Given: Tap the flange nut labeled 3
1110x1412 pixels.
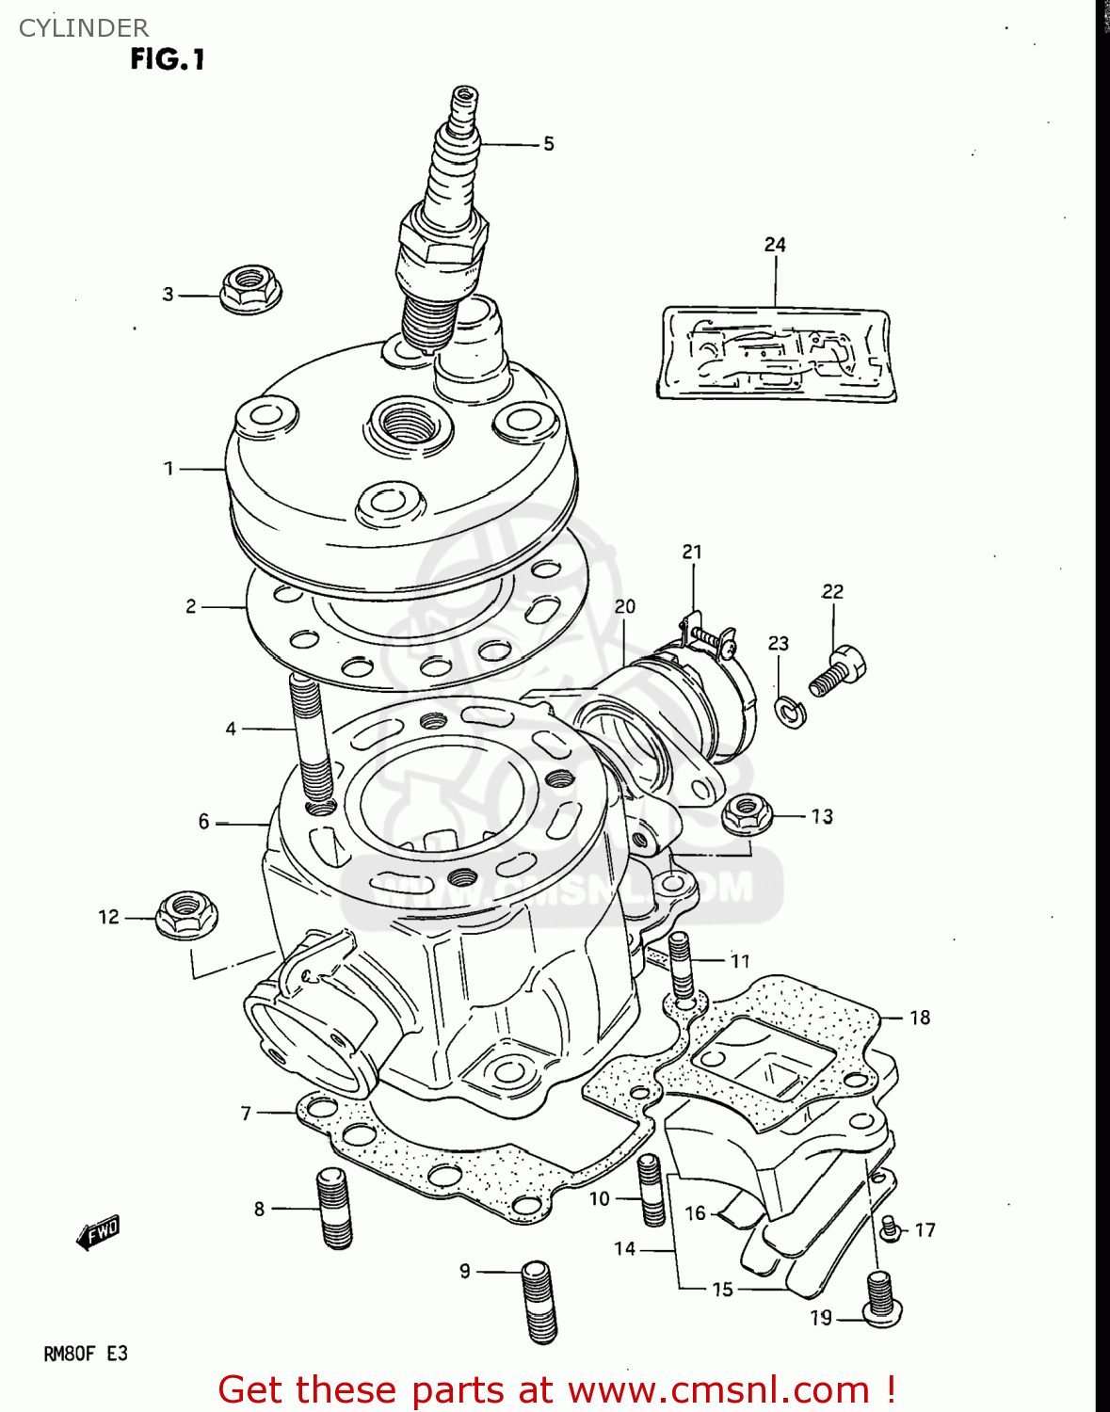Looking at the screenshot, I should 250,288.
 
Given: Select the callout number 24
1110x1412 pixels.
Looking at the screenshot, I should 775,245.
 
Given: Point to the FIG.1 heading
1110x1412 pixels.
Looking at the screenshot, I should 167,59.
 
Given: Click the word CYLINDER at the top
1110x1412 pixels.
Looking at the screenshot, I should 84,28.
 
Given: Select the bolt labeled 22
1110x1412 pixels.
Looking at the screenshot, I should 837,670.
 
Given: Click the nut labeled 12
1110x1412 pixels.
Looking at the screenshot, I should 185,915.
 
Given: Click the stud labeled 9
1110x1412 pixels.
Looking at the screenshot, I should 539,1301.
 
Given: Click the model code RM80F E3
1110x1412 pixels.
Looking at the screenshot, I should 85,1354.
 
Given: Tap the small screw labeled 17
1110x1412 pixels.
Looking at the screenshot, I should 888,1227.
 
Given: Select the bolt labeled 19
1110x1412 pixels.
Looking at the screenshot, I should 880,1298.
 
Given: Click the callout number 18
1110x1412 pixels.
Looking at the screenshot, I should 919,1018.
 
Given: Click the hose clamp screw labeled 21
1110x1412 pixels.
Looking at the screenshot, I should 712,640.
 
